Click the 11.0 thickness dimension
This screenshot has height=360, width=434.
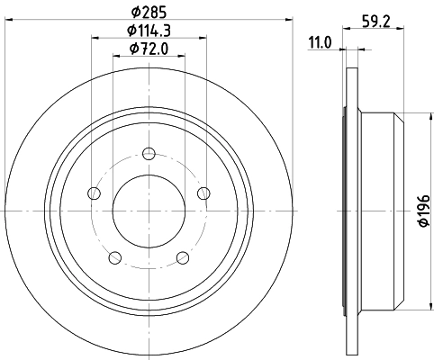click(321, 41)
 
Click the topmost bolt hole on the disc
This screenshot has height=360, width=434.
click(149, 155)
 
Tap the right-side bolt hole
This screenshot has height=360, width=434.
click(203, 191)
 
